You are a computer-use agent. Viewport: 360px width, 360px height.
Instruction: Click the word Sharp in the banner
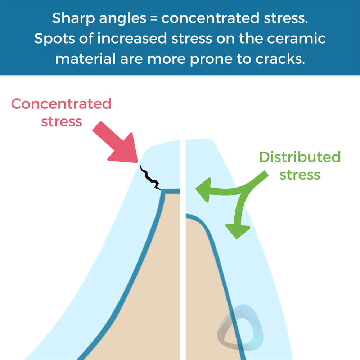click(x=73, y=18)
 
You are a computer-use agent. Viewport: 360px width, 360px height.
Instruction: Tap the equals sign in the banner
click(x=154, y=18)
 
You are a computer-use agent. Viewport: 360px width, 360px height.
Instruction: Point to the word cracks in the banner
click(x=280, y=59)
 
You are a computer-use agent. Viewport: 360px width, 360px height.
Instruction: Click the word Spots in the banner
click(x=55, y=39)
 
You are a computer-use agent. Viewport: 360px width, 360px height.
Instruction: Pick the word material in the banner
click(x=85, y=59)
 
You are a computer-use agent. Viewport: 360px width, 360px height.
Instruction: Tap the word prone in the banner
click(x=211, y=59)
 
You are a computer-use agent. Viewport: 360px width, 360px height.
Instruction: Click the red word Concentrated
click(x=61, y=104)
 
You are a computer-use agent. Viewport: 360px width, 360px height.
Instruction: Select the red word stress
click(x=61, y=122)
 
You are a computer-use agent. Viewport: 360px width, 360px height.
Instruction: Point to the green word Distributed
click(x=300, y=157)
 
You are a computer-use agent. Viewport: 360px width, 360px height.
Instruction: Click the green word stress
click(x=300, y=175)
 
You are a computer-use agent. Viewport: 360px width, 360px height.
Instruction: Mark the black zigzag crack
click(x=150, y=178)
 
